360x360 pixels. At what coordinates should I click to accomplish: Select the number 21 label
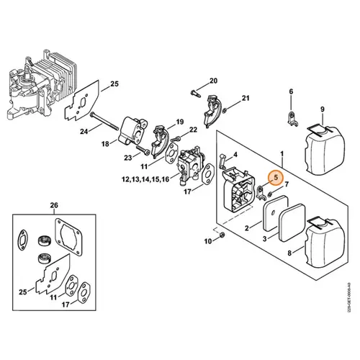(x=246, y=98)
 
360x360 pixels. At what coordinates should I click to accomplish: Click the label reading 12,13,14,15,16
(x=146, y=178)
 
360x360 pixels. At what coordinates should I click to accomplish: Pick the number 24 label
(x=85, y=132)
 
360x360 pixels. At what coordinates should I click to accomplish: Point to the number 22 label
(x=193, y=130)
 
